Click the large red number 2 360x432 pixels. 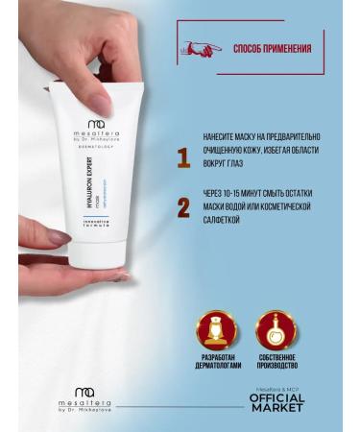[183, 206]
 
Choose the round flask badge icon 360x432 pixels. [277, 331]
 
